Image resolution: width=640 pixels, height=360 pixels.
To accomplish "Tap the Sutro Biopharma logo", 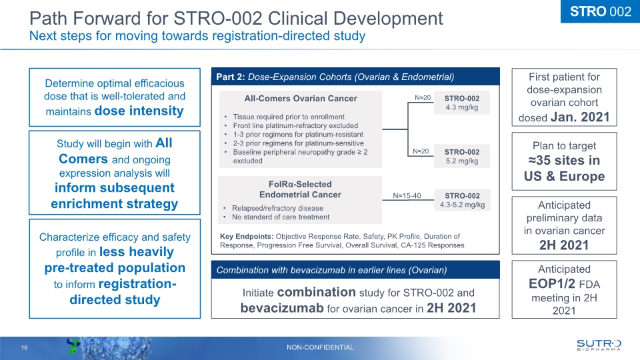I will [x=598, y=344].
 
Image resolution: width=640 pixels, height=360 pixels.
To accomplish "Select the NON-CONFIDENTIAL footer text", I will [x=320, y=347].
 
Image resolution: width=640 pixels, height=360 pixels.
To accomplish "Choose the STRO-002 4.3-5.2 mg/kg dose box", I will [x=462, y=199].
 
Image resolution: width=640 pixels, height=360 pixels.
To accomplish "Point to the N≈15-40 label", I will [x=407, y=195].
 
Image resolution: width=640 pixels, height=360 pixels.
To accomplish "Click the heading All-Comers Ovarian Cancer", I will [x=300, y=99].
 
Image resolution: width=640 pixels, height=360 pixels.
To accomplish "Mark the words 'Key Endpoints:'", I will [x=246, y=236].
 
